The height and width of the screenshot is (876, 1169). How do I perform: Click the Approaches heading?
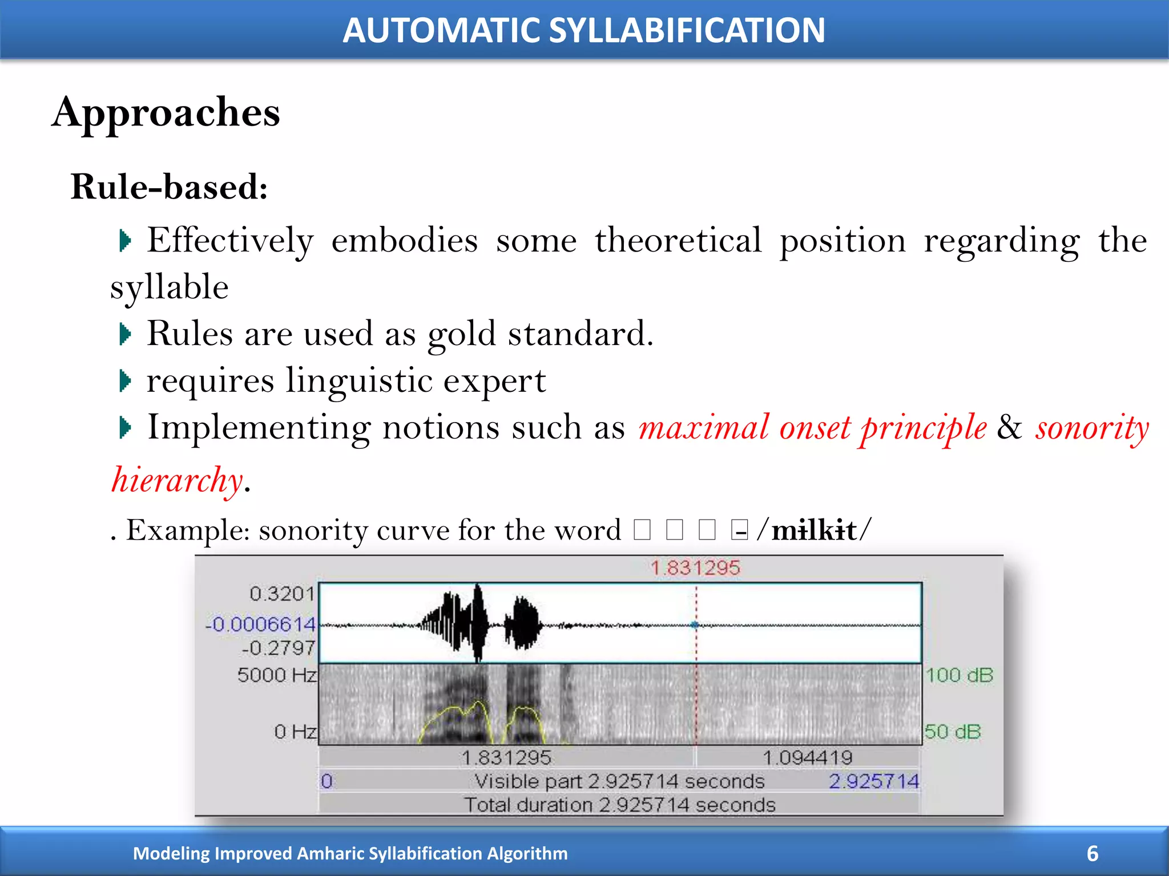point(166,112)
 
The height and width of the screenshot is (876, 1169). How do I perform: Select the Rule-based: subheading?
point(169,187)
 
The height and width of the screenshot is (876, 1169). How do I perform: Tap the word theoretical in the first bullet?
point(678,240)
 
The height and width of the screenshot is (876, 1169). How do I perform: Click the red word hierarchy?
point(177,480)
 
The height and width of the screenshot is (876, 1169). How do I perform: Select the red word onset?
point(815,428)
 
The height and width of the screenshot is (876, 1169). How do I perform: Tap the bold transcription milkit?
point(814,530)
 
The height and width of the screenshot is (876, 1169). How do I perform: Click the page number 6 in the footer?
point(1092,854)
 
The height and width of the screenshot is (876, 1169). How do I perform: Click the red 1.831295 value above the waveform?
point(695,568)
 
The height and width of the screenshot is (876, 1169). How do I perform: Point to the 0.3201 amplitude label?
point(282,594)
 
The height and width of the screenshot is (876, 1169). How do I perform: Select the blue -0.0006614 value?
point(260,624)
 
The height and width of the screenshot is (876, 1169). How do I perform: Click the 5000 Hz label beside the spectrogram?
point(277,675)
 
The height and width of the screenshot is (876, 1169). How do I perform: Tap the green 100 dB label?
point(959,675)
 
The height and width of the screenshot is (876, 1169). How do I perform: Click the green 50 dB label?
point(952,732)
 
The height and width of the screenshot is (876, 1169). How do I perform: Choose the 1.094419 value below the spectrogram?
point(807,758)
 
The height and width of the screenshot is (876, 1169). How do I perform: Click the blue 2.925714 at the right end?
point(873,781)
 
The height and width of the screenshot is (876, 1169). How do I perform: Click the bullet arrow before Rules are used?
point(125,334)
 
